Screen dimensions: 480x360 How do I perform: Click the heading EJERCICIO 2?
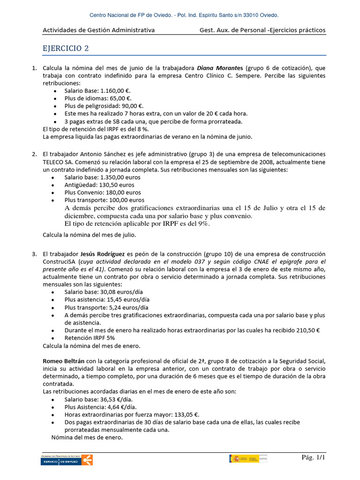pos(65,48)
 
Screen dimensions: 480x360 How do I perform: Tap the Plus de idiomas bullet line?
pos(98,98)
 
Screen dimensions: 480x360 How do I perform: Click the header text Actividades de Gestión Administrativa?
pos(98,30)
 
